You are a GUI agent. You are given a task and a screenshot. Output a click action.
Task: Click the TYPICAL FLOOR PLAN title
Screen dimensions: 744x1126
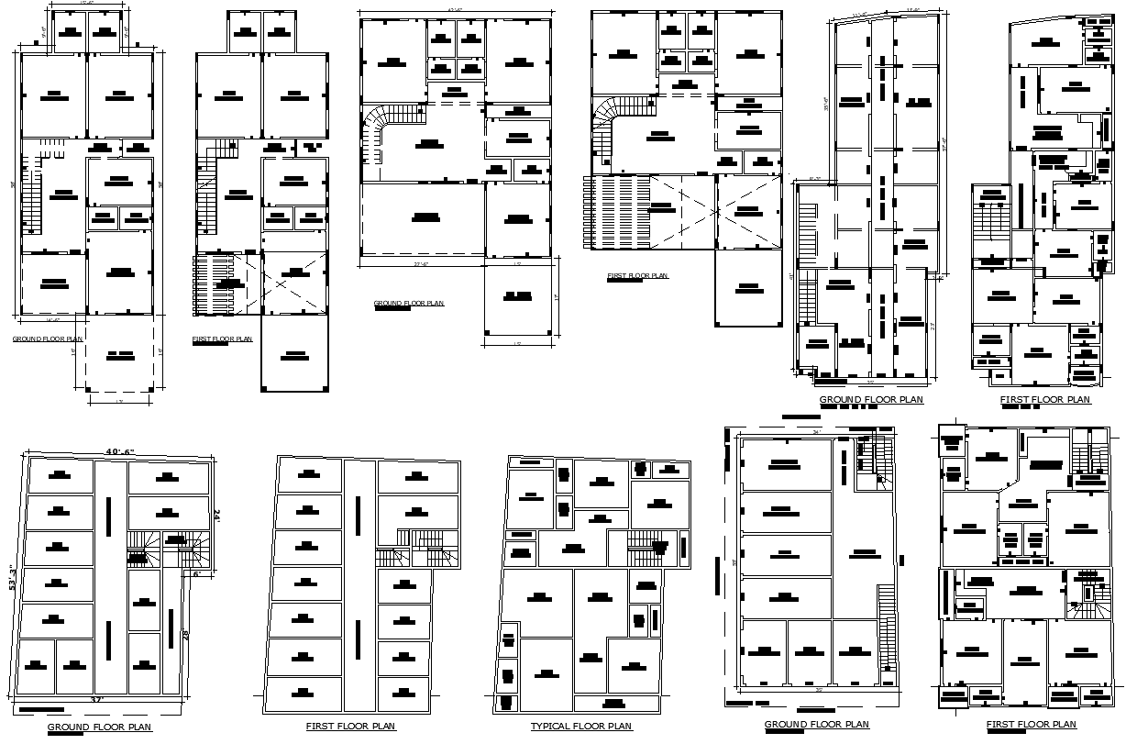tap(581, 727)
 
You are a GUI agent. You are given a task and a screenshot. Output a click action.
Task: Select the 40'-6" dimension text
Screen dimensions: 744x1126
tap(119, 451)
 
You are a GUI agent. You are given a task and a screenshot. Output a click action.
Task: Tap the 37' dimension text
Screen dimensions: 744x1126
tap(96, 700)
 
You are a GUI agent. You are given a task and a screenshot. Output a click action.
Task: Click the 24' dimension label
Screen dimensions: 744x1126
tap(217, 516)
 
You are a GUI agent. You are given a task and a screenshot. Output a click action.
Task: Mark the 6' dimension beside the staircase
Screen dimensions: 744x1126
tap(196, 574)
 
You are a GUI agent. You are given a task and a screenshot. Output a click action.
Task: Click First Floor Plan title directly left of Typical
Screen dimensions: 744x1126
tap(351, 727)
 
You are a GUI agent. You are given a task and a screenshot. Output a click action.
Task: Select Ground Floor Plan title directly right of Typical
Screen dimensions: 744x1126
tap(816, 725)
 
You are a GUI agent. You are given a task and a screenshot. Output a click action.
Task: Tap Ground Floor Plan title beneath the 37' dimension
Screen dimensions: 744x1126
tap(100, 727)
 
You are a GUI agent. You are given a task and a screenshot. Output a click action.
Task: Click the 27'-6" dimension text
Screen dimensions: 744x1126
tap(422, 266)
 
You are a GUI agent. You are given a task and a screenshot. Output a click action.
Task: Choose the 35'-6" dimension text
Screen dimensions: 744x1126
tap(826, 104)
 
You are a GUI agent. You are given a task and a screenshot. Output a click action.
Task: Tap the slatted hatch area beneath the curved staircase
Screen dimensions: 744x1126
tap(616, 211)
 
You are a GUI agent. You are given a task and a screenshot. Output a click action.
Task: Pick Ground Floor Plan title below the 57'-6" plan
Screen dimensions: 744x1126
tap(871, 400)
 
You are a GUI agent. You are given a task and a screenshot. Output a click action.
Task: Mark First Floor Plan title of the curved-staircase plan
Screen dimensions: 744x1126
tap(637, 275)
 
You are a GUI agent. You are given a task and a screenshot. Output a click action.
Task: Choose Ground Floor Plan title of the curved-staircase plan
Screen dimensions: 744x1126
tap(408, 303)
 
